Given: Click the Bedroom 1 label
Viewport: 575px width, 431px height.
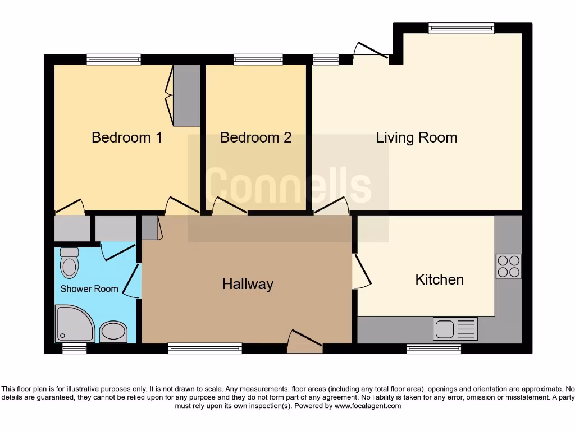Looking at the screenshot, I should [x=127, y=137].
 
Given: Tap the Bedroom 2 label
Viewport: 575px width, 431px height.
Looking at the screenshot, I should [x=255, y=137].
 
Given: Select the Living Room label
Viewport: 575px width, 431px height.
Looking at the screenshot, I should [x=416, y=137].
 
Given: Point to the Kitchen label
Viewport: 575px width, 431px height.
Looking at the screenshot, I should [x=439, y=279].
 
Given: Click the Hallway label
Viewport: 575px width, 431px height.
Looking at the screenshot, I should [x=248, y=284].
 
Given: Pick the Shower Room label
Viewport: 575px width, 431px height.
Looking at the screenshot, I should [x=89, y=289].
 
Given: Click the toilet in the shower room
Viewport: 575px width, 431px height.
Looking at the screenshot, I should [x=69, y=263].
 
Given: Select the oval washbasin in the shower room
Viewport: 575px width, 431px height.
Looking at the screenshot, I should [x=113, y=332].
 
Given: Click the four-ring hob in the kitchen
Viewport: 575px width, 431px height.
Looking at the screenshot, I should [x=508, y=267].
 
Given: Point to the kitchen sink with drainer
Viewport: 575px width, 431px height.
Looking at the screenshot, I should [x=455, y=329].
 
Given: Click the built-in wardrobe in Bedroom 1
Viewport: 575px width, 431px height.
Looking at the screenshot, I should [x=186, y=95].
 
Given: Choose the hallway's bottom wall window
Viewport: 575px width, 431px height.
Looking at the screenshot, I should [x=204, y=349].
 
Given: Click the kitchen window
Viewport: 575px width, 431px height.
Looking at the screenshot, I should [x=433, y=349].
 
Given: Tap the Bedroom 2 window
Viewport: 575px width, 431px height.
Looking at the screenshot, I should [x=258, y=59].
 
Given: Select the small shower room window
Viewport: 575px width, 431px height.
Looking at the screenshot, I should [x=74, y=349].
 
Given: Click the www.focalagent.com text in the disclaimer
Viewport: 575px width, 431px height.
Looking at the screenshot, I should [x=368, y=406].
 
